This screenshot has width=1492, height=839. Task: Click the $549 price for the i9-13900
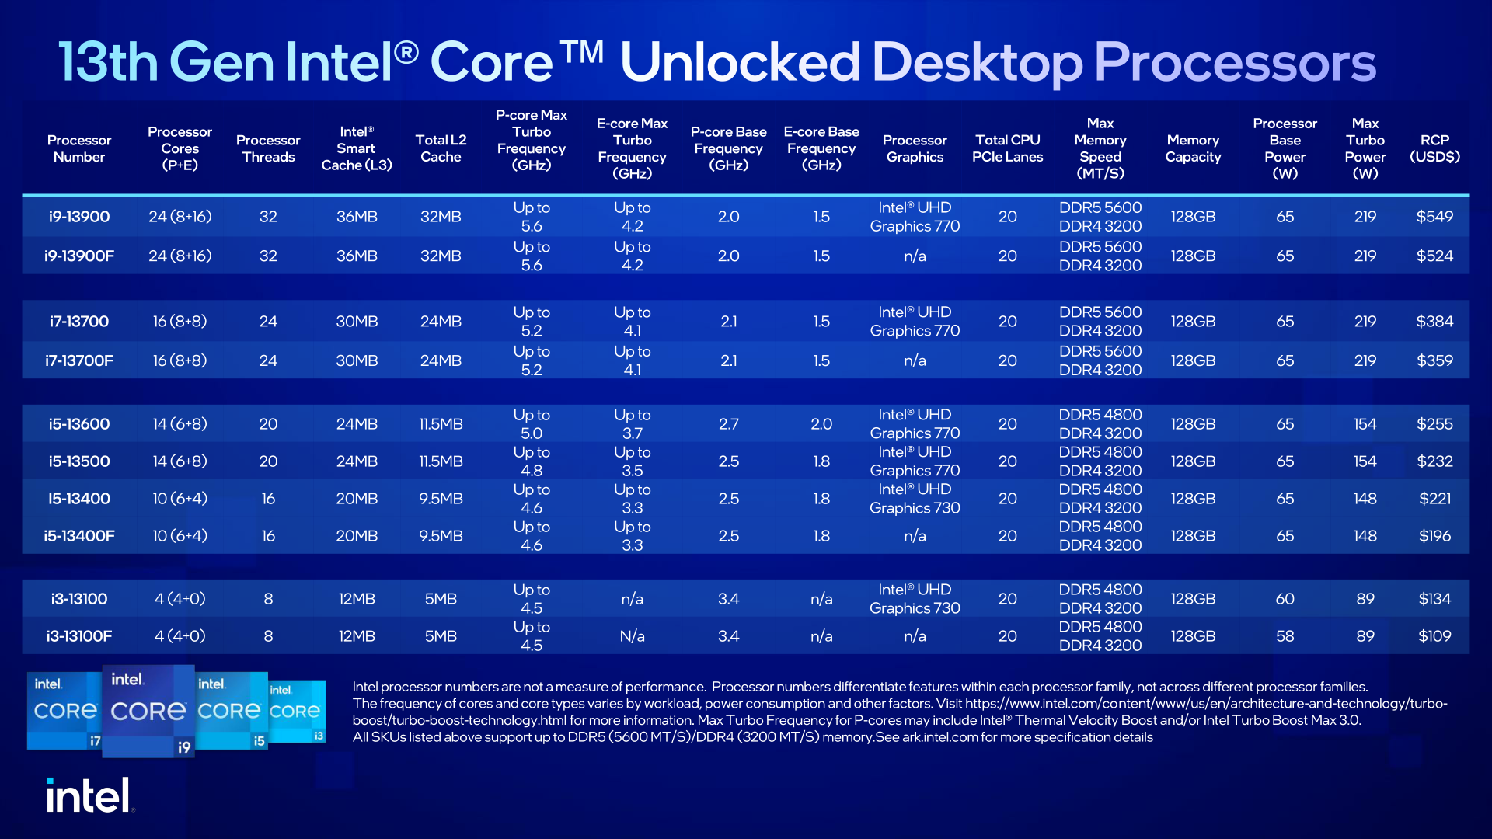[1434, 217]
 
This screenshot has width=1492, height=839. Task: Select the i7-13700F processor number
[79, 360]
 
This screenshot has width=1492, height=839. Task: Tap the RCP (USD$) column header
[1434, 148]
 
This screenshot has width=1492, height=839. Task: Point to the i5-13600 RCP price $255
[1434, 424]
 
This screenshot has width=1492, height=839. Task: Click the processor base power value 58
[1285, 636]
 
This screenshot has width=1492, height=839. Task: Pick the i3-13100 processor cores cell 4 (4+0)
[180, 599]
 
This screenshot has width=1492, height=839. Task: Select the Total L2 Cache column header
[441, 148]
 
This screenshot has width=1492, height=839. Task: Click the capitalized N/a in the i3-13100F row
[632, 636]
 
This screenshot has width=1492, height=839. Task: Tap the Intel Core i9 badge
[148, 710]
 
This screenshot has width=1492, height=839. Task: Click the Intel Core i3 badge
[297, 712]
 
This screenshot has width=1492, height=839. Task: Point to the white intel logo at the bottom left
[88, 795]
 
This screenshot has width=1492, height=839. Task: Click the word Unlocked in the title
[740, 62]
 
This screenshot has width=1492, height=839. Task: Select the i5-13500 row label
[79, 461]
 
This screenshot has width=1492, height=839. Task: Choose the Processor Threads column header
[268, 148]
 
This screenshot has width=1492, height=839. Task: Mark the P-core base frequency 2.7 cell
[728, 424]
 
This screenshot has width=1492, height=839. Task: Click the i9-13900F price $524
[1434, 256]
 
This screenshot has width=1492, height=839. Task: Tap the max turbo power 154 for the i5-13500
[1365, 461]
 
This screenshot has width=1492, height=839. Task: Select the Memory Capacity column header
[1193, 148]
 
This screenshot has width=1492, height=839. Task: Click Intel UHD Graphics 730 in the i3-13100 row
[915, 599]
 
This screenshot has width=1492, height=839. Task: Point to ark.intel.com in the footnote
[939, 737]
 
